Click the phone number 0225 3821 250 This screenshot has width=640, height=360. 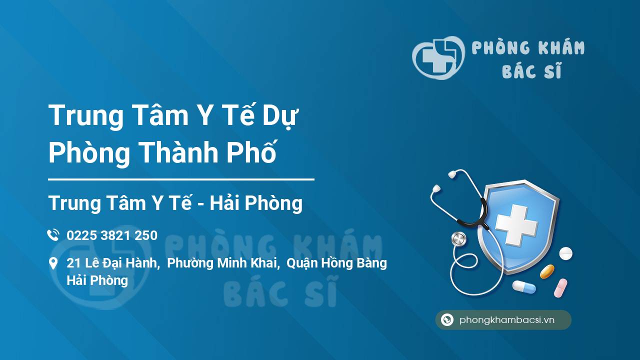(x=112, y=235)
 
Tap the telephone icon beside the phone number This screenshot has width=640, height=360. (x=53, y=235)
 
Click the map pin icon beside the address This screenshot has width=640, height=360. (x=53, y=263)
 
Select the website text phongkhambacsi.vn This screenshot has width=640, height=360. (x=507, y=320)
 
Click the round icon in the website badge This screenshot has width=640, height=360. (x=447, y=320)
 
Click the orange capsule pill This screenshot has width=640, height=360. (x=547, y=271)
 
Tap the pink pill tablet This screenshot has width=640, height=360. (x=560, y=287)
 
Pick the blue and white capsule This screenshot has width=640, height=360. (x=523, y=287)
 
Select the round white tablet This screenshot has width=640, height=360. (x=565, y=253)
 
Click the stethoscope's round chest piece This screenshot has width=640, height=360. (x=458, y=239)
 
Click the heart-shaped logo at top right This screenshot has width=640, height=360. (x=438, y=57)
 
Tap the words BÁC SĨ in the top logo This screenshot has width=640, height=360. (x=531, y=71)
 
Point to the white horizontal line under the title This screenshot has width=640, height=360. (x=181, y=179)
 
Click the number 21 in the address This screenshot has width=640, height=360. (x=74, y=263)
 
